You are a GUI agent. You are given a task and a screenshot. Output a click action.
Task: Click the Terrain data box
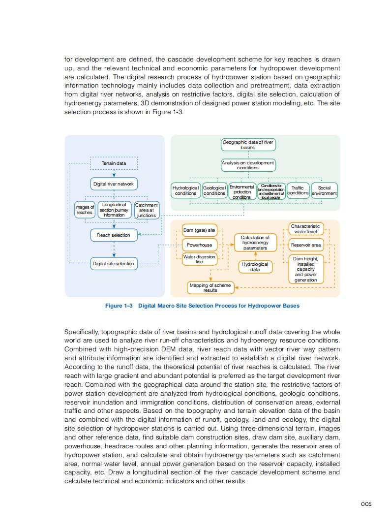(x=114, y=163)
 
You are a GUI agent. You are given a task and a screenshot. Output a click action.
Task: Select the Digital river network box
(x=114, y=184)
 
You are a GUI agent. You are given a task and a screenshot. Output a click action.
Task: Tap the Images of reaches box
(x=85, y=210)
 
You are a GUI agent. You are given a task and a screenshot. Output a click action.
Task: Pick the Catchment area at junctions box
(x=147, y=210)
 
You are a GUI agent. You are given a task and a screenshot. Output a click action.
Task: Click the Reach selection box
(x=114, y=235)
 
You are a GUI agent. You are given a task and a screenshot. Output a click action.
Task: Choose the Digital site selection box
(x=114, y=264)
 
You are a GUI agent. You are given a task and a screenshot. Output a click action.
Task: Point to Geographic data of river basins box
(x=248, y=145)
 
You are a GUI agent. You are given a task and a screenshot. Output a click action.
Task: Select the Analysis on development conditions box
(x=248, y=165)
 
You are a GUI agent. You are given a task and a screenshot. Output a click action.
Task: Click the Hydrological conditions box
(x=185, y=190)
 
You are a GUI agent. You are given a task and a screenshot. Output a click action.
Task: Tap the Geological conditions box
(x=214, y=190)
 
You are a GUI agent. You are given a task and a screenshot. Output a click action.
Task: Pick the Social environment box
(x=324, y=190)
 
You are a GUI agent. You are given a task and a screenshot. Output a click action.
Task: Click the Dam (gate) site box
(x=199, y=230)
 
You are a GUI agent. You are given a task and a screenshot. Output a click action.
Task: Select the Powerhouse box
(x=199, y=245)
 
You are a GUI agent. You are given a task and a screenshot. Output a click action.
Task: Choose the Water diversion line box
(x=199, y=259)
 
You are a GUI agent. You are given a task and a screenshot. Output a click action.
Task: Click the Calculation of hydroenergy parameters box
(x=255, y=243)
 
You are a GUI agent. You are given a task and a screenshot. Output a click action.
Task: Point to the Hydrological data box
(x=255, y=267)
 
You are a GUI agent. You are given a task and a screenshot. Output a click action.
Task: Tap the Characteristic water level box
(x=306, y=229)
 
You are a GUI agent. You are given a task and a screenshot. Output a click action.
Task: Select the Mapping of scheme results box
(x=210, y=288)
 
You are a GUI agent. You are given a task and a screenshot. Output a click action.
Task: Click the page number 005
(x=365, y=503)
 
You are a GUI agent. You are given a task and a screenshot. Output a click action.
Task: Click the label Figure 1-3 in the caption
(x=119, y=306)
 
